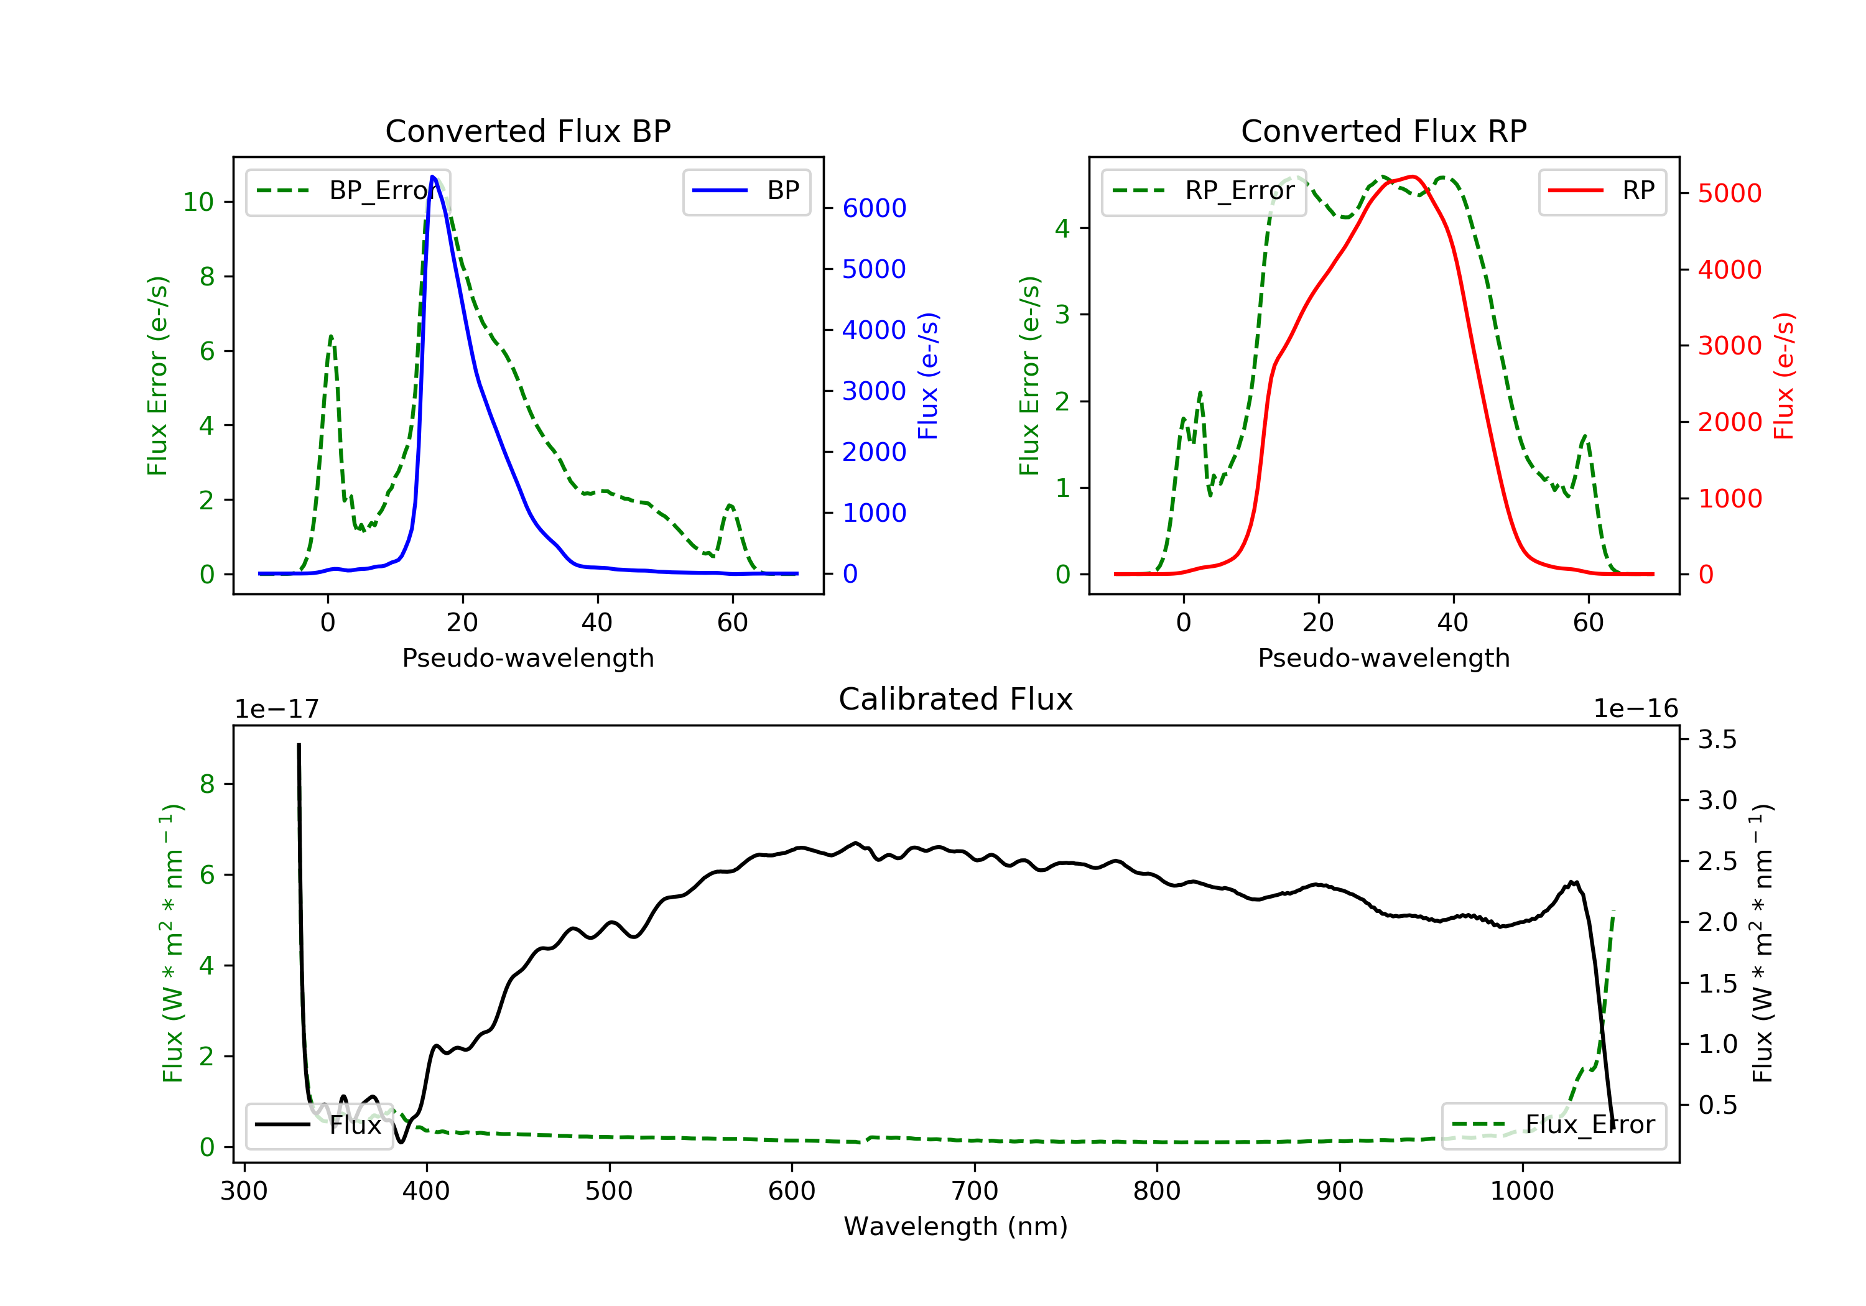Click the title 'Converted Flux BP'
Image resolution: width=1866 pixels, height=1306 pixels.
click(527, 131)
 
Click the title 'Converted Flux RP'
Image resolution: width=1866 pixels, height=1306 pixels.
click(1383, 131)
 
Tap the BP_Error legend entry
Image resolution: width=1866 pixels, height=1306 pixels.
click(348, 191)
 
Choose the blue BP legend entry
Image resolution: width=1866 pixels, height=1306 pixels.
click(746, 191)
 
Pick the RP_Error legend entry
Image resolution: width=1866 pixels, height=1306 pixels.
click(1204, 191)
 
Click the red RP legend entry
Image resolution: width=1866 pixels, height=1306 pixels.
click(1602, 191)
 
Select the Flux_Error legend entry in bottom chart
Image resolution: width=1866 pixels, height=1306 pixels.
click(1553, 1125)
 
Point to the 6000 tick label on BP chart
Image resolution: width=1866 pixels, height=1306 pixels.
click(874, 208)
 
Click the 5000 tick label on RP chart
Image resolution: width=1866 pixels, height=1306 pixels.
click(1729, 193)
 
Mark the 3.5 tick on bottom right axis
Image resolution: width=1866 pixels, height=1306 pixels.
click(1717, 739)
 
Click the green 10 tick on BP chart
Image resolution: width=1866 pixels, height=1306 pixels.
click(198, 201)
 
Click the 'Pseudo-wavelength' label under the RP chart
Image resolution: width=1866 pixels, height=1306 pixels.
click(1383, 658)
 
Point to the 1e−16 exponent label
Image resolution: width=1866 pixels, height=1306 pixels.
click(1635, 709)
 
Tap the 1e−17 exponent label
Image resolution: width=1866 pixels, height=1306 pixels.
click(277, 709)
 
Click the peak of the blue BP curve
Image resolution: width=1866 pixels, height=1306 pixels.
click(433, 177)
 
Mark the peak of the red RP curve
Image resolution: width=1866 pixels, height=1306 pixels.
click(1413, 177)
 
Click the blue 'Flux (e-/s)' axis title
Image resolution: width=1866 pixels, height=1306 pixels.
click(928, 376)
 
